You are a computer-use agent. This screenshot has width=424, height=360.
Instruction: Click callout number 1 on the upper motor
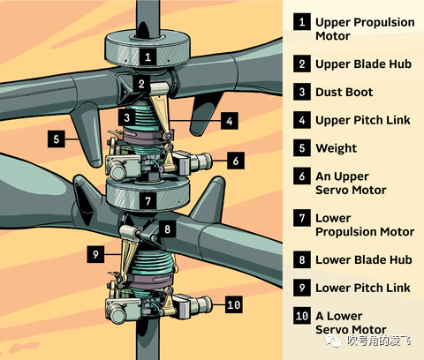[148, 56]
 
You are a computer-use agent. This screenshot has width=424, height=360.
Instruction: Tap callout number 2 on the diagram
[141, 84]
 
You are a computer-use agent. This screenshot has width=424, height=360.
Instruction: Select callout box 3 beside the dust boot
[126, 117]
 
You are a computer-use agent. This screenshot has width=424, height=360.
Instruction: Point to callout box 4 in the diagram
[230, 121]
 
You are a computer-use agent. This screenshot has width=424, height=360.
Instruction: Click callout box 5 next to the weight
[57, 139]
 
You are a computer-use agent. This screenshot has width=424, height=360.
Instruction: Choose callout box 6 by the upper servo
[236, 161]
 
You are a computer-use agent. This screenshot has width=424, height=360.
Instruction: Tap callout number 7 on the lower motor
[148, 201]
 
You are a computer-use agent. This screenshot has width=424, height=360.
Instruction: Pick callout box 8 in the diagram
[167, 229]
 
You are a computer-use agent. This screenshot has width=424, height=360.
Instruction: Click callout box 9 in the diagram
[95, 254]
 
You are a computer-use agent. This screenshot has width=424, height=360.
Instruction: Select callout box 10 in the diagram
[234, 304]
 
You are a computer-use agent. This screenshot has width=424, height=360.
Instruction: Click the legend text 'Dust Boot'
[344, 92]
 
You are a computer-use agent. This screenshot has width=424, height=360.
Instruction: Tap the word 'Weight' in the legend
[336, 148]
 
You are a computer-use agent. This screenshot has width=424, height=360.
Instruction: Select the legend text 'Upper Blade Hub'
[363, 64]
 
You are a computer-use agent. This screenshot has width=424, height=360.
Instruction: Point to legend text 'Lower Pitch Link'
[363, 288]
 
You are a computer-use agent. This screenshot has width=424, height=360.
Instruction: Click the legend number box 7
[302, 218]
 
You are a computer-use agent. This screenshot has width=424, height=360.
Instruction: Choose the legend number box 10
[302, 316]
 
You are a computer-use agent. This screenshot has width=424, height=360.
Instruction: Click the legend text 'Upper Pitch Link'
[363, 120]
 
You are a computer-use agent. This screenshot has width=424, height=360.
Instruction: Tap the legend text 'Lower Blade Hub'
[364, 259]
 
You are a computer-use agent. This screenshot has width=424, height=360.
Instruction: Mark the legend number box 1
[302, 21]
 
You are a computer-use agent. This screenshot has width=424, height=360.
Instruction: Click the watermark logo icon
[333, 341]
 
